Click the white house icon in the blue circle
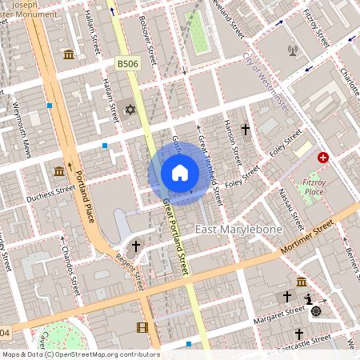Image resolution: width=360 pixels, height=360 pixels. [180, 173]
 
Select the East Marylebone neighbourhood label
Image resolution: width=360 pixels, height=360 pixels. [238, 231]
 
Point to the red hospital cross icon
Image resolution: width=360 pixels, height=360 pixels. [323, 158]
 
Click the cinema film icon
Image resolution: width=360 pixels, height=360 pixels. [142, 327]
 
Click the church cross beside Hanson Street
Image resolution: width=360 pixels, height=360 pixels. [245, 129]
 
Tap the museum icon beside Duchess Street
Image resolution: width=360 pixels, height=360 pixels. [59, 171]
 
